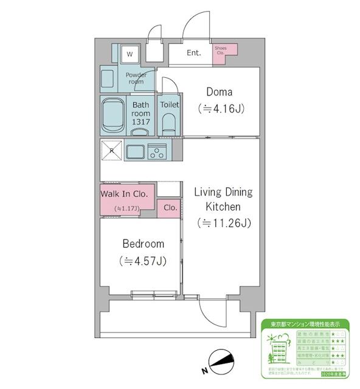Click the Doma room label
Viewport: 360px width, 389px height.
tap(220, 92)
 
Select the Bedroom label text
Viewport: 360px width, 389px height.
tap(143, 244)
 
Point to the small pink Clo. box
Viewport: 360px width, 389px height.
tap(170, 207)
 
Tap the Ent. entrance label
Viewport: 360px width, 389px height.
tap(193, 53)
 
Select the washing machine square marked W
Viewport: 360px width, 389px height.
tap(129, 54)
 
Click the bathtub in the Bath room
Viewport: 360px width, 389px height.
tap(112, 115)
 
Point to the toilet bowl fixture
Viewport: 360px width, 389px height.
tap(168, 123)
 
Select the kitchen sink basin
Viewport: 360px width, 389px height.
tap(135, 151)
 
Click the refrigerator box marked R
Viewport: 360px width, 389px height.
tap(112, 150)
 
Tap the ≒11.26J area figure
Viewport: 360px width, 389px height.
tap(223, 223)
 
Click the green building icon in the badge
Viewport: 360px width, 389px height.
tap(280, 352)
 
